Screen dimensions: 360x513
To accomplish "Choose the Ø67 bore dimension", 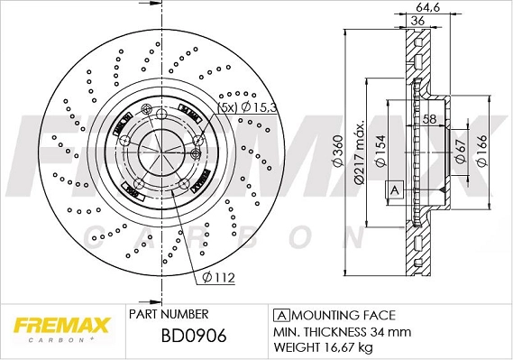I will pos(460,152).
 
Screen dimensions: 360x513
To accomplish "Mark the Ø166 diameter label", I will pos(482,152).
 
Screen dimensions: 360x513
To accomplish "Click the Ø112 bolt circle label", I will pos(218,278).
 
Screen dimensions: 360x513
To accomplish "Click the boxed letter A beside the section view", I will pos(393,189).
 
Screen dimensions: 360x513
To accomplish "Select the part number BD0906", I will pos(190,336).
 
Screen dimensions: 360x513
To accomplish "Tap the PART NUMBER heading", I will pos(169,314).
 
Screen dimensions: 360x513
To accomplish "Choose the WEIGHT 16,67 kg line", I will pos(322,346).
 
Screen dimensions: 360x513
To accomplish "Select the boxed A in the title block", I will pos(280,315).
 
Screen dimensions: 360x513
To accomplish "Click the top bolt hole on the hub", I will pos(159,115).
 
